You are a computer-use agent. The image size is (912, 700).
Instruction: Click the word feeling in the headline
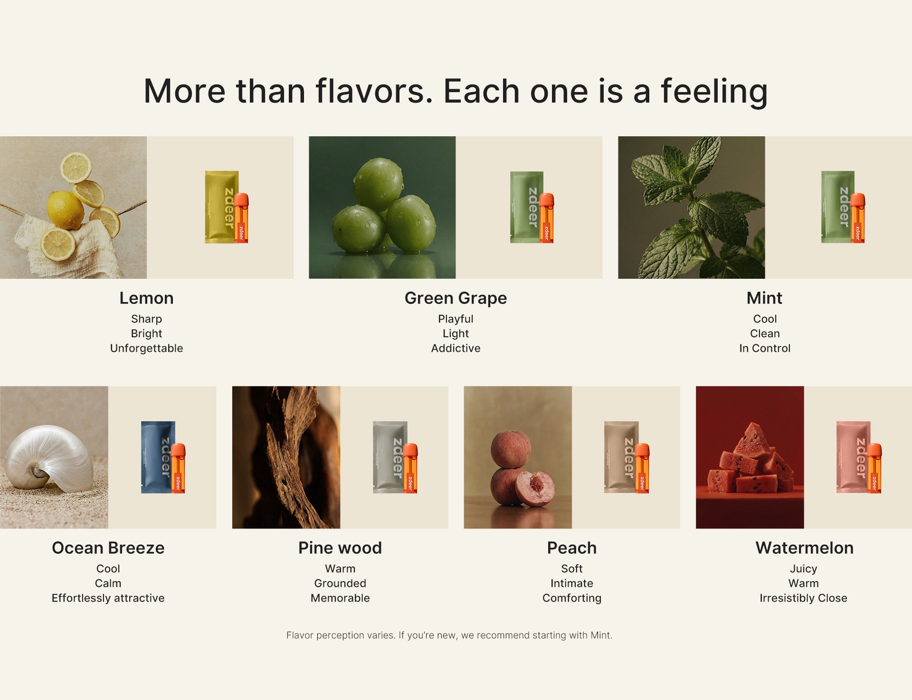coord(714,92)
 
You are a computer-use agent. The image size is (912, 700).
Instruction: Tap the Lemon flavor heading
coord(146,298)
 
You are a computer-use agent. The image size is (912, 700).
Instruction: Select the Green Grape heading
coord(456,298)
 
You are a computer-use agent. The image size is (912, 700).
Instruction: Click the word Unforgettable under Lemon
coord(146,348)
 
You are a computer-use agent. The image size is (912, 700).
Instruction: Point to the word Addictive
coord(456,348)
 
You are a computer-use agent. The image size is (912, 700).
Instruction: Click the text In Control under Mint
coord(765,348)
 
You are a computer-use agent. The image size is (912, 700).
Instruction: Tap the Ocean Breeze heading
coord(108,548)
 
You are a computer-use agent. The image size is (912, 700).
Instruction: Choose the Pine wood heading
coord(340,548)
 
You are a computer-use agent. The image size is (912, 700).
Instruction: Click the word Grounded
coord(340,583)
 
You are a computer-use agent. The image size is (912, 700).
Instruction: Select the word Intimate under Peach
coord(572,583)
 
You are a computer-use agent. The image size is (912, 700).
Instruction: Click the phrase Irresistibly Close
coord(803,598)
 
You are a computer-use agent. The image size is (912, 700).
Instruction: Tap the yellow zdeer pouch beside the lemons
coord(221,207)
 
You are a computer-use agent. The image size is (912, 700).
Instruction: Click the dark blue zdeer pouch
coord(158,457)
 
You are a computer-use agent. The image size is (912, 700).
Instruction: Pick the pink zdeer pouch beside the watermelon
coord(853,457)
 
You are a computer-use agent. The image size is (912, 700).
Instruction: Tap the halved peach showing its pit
coord(535,488)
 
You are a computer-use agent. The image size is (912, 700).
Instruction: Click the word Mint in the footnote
coord(600,635)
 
